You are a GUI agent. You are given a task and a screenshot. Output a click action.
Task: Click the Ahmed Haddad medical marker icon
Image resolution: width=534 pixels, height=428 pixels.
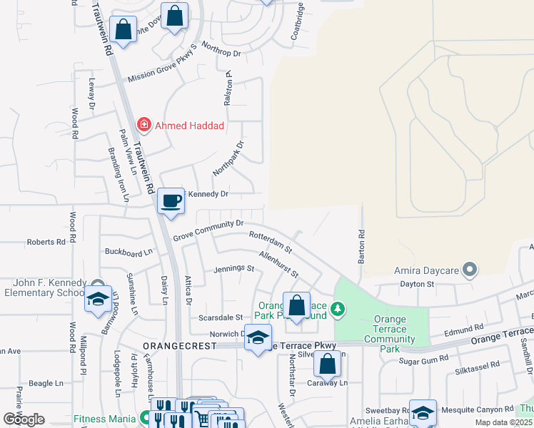coord(144,126)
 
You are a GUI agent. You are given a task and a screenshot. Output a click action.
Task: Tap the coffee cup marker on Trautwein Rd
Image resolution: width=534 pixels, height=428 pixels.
coord(171,201)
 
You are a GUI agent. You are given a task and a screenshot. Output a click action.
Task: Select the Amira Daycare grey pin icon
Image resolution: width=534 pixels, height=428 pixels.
coord(470,270)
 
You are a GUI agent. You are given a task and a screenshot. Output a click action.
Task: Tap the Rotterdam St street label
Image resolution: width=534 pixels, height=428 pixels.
coord(271,242)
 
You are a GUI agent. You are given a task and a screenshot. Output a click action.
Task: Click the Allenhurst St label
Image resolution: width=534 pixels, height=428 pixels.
coord(278,264)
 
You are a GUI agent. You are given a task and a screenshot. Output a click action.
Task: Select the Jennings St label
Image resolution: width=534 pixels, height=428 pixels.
coord(234,269)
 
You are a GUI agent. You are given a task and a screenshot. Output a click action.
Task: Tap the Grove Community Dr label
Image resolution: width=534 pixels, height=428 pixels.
coord(208,230)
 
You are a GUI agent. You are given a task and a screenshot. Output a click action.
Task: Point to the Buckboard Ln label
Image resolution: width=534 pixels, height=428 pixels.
coord(129,252)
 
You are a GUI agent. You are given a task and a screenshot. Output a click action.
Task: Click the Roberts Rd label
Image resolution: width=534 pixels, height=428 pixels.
coord(46,242)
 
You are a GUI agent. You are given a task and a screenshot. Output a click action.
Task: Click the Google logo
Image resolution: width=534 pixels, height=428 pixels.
coord(24,419)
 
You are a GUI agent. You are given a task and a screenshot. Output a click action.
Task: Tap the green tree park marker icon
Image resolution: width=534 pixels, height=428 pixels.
coord(341,309)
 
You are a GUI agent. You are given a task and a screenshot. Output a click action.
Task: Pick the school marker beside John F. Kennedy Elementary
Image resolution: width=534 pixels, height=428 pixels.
coord(99,300)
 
